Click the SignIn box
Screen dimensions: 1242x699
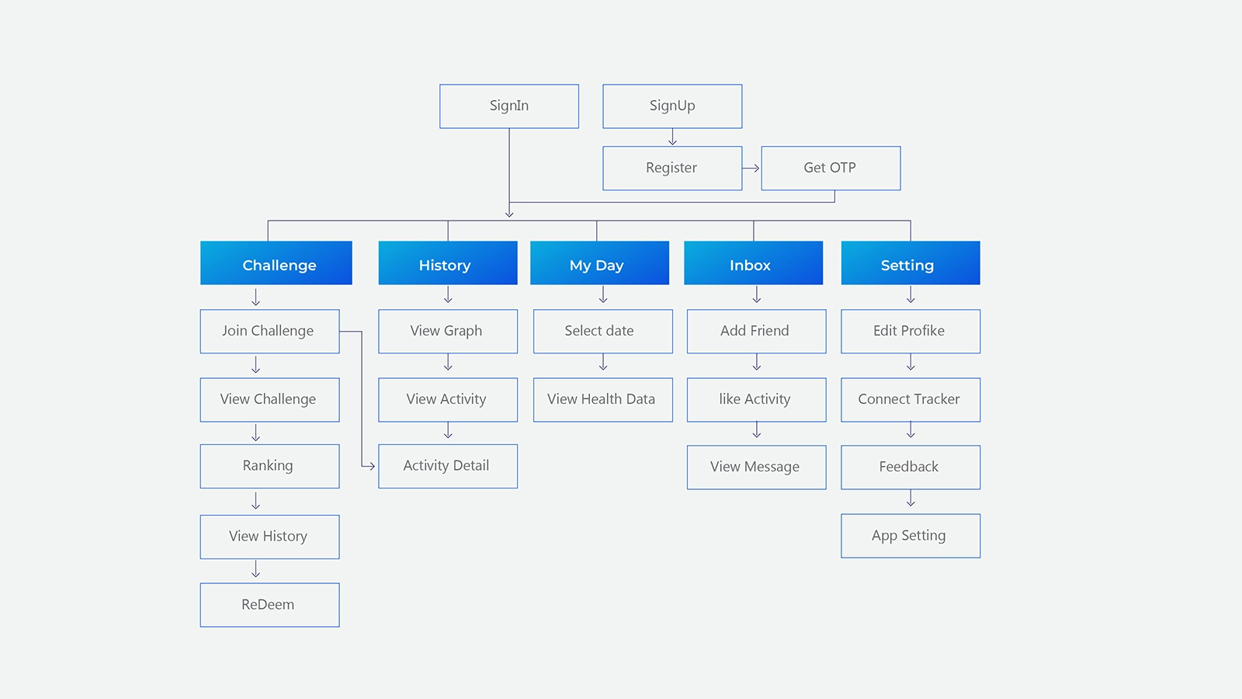(509, 106)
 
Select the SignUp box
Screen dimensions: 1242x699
(672, 106)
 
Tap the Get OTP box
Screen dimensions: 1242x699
(831, 168)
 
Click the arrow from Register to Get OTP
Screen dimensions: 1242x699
(751, 168)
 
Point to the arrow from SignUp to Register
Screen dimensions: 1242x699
(672, 137)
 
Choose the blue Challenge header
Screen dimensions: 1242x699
(276, 263)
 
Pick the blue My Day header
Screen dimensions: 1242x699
(599, 263)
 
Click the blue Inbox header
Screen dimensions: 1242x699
(753, 263)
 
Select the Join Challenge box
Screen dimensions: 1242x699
(269, 331)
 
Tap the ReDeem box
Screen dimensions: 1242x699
(269, 605)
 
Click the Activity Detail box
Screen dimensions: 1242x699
(447, 466)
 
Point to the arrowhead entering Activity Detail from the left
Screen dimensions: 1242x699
(372, 466)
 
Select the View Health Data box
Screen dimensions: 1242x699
(602, 400)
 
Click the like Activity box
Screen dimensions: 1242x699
(756, 400)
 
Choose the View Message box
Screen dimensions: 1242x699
(756, 467)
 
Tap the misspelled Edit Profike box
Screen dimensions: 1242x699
(911, 331)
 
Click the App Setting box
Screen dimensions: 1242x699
(911, 536)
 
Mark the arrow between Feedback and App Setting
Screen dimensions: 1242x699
(911, 498)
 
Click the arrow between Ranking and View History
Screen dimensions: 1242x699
(255, 500)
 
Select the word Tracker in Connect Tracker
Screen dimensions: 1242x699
(936, 399)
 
